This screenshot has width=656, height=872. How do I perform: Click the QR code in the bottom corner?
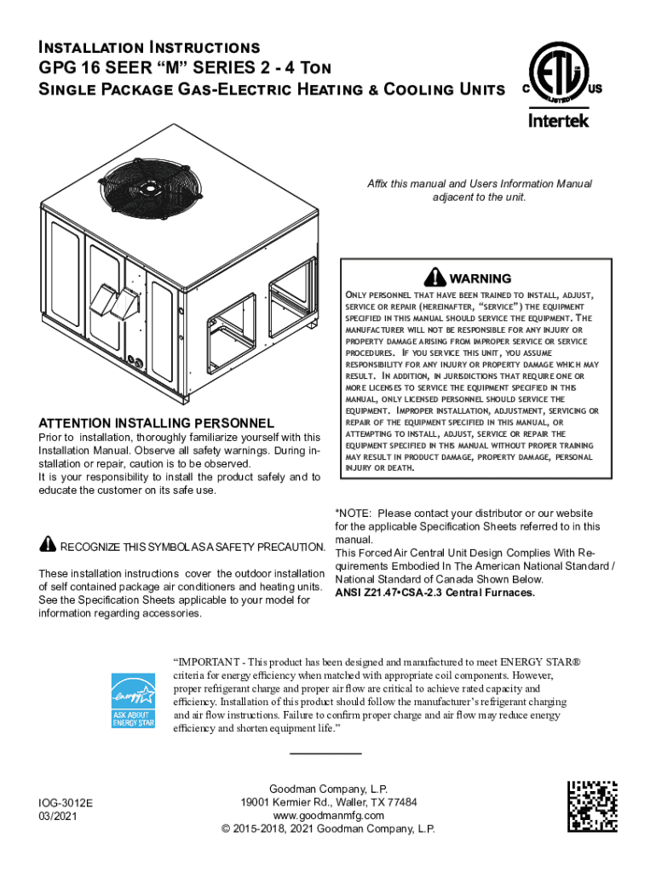(x=594, y=806)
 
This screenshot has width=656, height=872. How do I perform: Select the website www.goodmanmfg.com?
(x=328, y=816)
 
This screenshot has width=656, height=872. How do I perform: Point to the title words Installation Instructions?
(x=149, y=46)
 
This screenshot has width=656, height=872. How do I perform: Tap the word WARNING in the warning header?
(x=480, y=278)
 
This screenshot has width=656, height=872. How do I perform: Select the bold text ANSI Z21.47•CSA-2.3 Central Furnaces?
(x=435, y=593)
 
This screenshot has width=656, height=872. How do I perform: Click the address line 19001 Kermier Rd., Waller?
(x=328, y=802)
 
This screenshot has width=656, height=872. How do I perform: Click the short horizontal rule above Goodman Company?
(x=325, y=754)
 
